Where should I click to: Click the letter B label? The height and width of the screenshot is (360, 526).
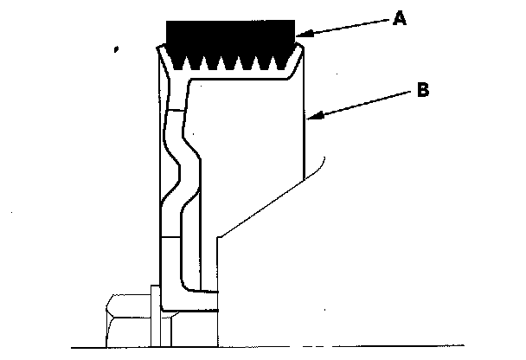(423, 89)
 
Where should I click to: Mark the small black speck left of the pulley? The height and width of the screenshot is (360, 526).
(115, 49)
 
